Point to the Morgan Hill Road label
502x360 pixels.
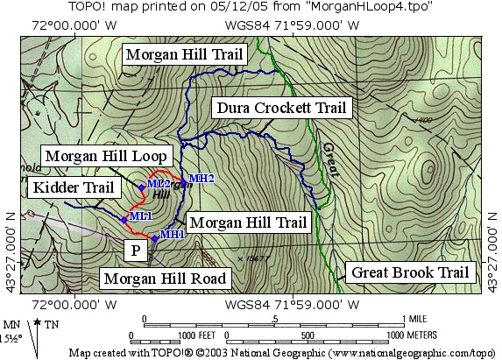165,279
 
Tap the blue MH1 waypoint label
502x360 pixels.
172,234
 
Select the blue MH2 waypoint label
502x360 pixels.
202,179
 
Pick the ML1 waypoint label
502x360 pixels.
140,215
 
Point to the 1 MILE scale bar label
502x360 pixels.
414,317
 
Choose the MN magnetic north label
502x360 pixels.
11,323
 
